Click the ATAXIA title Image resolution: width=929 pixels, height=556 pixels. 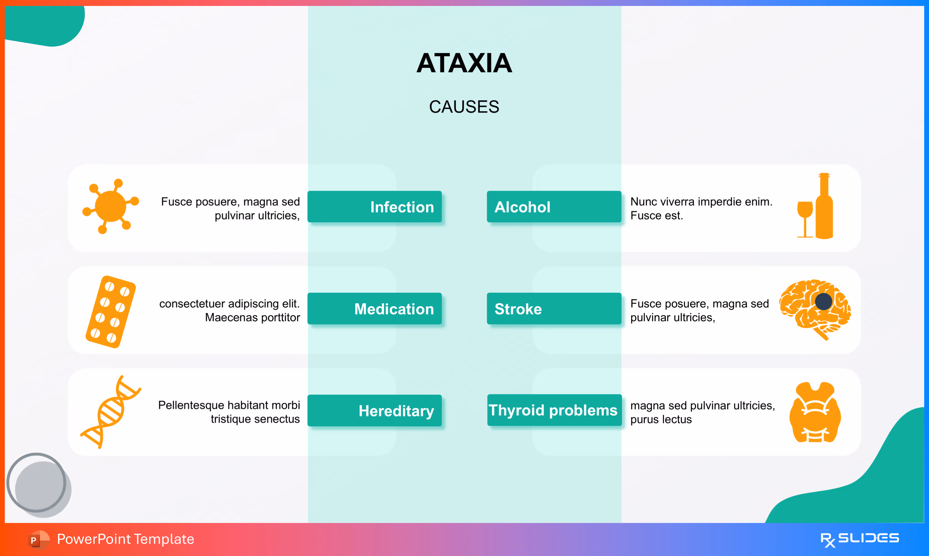click(x=464, y=63)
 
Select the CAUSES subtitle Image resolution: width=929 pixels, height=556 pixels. click(x=464, y=107)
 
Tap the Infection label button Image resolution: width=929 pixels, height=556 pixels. click(x=375, y=207)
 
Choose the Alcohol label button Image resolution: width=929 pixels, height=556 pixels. click(x=554, y=207)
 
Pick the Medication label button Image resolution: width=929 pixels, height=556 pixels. click(x=375, y=309)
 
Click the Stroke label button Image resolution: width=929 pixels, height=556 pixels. click(x=554, y=309)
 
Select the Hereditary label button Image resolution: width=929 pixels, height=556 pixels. click(x=375, y=411)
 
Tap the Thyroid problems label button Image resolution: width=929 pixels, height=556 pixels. click(x=554, y=410)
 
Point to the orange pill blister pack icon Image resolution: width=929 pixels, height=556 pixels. click(x=110, y=312)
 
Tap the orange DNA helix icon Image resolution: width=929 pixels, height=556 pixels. click(x=110, y=412)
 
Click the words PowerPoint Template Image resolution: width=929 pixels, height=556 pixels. click(x=126, y=539)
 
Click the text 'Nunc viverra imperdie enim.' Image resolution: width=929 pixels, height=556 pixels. click(x=701, y=202)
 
